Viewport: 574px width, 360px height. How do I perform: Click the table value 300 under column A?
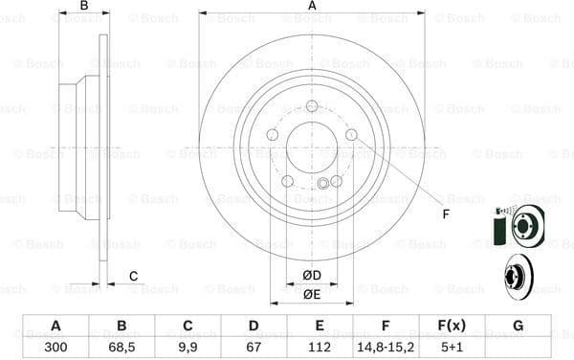tap(55, 347)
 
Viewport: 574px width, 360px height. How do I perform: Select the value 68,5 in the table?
tap(121, 347)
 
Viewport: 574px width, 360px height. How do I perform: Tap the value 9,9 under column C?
tap(188, 347)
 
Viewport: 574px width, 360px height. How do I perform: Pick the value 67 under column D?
tap(254, 347)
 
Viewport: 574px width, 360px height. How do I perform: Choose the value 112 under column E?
tap(320, 347)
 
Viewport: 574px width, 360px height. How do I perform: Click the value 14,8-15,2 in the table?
tap(386, 347)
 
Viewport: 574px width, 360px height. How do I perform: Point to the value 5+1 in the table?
tap(452, 347)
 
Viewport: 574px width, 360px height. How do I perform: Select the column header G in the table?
tap(518, 326)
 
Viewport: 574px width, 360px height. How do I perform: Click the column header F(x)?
tap(452, 326)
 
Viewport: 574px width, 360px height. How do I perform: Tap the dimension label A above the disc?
tap(312, 7)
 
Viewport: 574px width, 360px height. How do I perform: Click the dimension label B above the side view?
tap(84, 7)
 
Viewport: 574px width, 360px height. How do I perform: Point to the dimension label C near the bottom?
tap(133, 277)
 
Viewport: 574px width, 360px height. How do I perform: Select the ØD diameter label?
tap(312, 276)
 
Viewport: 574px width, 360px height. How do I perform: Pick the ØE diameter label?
tap(312, 294)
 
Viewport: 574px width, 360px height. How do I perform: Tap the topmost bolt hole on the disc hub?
tap(312, 106)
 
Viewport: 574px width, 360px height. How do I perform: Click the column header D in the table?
tap(254, 326)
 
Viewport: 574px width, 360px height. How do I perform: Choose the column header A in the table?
tap(55, 326)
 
